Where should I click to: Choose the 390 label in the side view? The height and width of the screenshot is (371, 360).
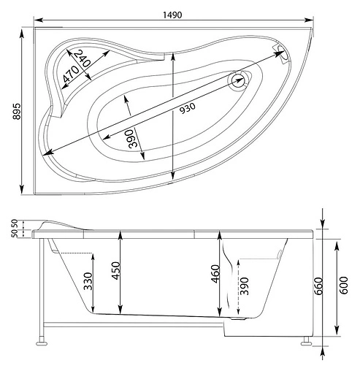point(245,286)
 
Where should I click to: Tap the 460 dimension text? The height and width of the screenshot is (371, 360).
point(215,278)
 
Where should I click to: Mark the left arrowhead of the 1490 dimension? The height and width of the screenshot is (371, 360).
point(37,20)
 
